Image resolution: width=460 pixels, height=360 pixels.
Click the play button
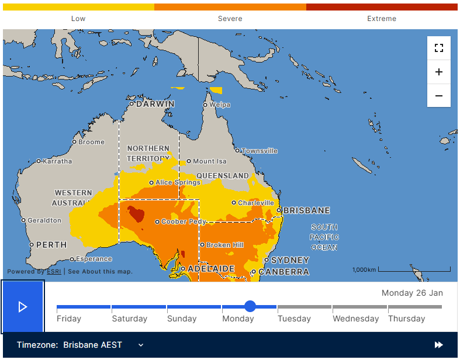pyautogui.click(x=23, y=307)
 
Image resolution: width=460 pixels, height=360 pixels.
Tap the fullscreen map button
pyautogui.click(x=439, y=48)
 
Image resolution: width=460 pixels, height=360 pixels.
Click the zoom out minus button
pyautogui.click(x=439, y=95)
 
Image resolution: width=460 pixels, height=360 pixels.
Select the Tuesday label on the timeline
pyautogui.click(x=294, y=319)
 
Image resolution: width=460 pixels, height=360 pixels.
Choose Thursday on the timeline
pyautogui.click(x=406, y=319)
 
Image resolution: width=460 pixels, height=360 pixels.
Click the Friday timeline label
pyautogui.click(x=69, y=319)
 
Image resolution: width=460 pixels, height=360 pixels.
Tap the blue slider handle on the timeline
pyautogui.click(x=250, y=306)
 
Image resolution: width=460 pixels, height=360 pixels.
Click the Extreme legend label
pyautogui.click(x=382, y=19)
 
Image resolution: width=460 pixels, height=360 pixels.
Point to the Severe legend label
pyautogui.click(x=230, y=19)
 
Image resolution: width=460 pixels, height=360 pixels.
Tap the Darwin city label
pyautogui.click(x=155, y=104)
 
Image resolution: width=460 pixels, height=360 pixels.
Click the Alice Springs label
pyautogui.click(x=178, y=182)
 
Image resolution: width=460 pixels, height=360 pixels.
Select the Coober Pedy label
pyautogui.click(x=184, y=222)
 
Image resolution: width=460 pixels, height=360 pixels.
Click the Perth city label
pyautogui.click(x=51, y=245)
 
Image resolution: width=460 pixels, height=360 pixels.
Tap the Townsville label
pyautogui.click(x=260, y=151)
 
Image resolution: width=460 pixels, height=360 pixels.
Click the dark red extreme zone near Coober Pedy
pyautogui.click(x=136, y=214)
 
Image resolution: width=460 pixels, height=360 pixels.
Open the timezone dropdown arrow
pyautogui.click(x=141, y=345)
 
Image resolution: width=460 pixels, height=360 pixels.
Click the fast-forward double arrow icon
pyautogui.click(x=438, y=345)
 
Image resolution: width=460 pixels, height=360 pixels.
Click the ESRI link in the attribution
pyautogui.click(x=54, y=271)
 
